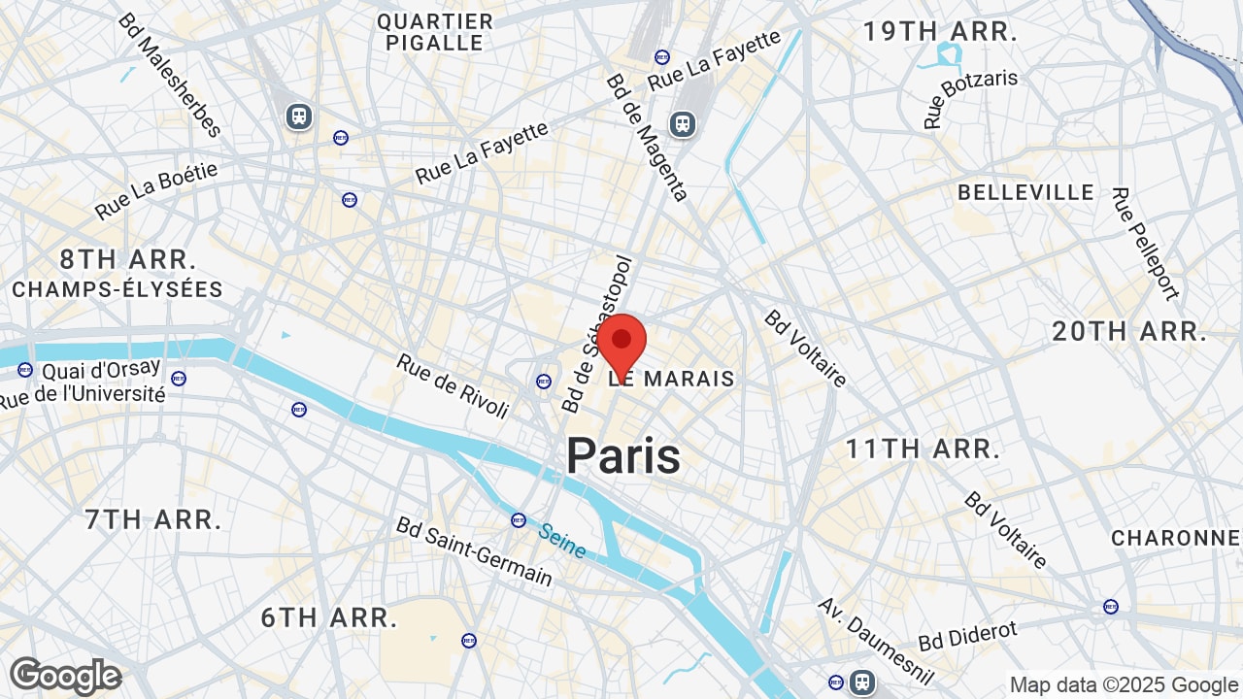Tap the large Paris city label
[623, 455]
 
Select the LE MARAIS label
[672, 379]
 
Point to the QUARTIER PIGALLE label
[434, 32]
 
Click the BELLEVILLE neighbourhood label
[1026, 192]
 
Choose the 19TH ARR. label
[940, 31]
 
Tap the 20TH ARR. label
[1129, 331]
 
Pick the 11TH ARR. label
[923, 449]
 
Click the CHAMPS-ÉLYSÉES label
[118, 289]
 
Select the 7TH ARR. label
[153, 519]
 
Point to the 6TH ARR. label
[329, 617]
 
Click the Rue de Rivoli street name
[453, 385]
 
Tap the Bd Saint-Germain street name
[474, 551]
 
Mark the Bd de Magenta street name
[647, 137]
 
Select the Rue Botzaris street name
[970, 98]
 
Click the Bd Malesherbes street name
[170, 74]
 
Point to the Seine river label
[562, 541]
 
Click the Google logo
[66, 676]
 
